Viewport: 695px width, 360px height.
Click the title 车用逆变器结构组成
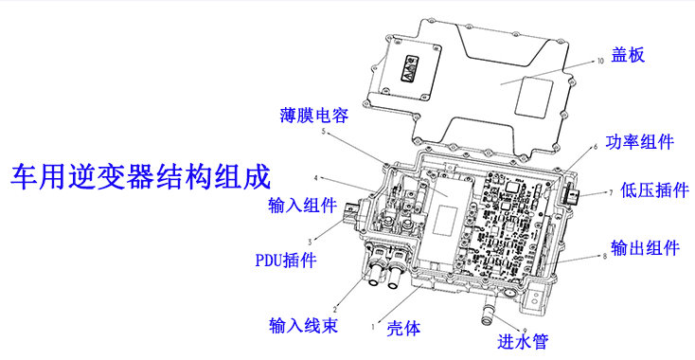tap(140, 176)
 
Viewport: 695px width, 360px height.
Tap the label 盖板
tap(627, 55)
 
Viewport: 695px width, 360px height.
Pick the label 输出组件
tap(646, 248)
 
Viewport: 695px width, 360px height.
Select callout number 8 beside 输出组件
tap(603, 256)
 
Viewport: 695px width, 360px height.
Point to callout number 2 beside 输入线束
tap(334, 299)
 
